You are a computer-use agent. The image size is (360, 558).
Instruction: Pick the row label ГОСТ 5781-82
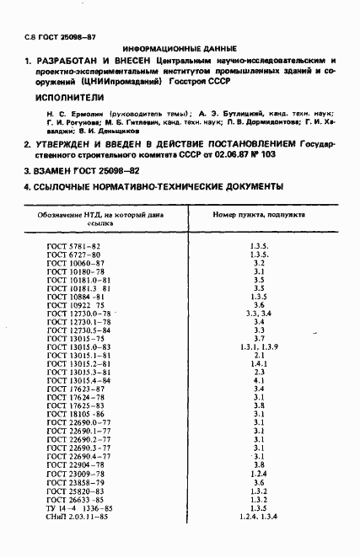pos(73,246)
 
